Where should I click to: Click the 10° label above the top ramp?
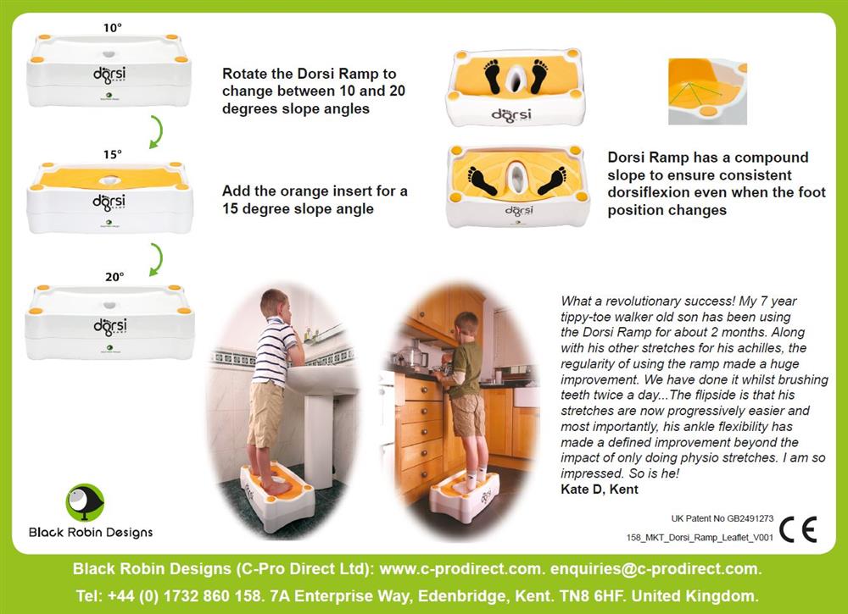(x=113, y=28)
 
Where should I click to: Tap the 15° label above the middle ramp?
(x=113, y=154)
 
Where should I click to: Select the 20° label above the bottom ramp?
(x=114, y=276)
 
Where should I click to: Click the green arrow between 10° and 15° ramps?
(x=156, y=131)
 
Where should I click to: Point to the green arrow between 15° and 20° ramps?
(x=156, y=259)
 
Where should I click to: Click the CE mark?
(x=798, y=528)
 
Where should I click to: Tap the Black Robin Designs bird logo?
(x=84, y=503)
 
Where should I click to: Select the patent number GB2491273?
(x=750, y=518)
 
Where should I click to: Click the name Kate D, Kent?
(x=600, y=490)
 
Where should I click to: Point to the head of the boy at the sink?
(x=276, y=305)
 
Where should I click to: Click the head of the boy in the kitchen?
(x=466, y=324)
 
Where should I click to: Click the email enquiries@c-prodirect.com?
(x=656, y=568)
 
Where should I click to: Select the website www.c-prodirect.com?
(x=462, y=568)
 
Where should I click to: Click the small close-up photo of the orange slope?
(x=707, y=91)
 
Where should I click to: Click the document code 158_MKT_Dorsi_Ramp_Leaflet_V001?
(x=700, y=538)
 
